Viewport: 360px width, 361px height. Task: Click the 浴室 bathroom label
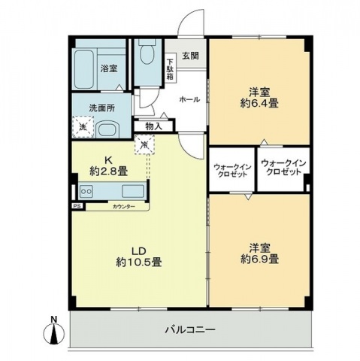point(109,68)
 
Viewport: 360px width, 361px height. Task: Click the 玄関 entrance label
point(189,55)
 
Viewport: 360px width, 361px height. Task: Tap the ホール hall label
point(189,99)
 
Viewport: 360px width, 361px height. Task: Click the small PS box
point(76,205)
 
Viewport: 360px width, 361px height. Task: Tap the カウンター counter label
point(124,205)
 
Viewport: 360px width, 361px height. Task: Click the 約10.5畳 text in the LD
point(138,262)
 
